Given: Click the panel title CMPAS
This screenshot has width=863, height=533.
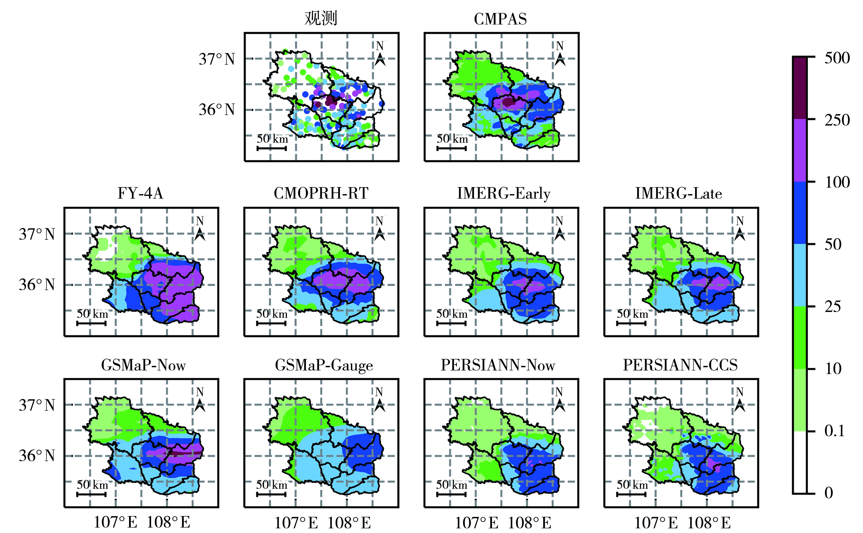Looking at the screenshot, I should pos(500,19).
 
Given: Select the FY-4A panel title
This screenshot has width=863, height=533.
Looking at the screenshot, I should pos(140,194).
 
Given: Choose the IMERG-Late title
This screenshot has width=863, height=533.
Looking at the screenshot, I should pos(678,194).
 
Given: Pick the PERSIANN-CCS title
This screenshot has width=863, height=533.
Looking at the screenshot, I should pos(680,365).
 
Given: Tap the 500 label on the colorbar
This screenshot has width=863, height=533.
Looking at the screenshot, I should pos(837,58).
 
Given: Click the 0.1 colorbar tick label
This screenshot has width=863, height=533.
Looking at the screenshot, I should pos(834,431).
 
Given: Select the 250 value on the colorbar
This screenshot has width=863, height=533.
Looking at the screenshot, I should pos(837,120).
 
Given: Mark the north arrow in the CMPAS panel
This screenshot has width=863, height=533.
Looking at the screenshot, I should pos(560,59).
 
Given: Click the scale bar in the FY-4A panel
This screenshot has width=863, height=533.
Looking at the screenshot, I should pos(92,323).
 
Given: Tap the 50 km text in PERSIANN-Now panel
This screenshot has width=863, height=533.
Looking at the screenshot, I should pos(452,485).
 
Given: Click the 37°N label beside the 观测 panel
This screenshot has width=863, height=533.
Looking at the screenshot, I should pos(217,59).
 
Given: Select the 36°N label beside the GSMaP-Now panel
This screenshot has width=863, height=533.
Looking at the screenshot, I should pos(37,456).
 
